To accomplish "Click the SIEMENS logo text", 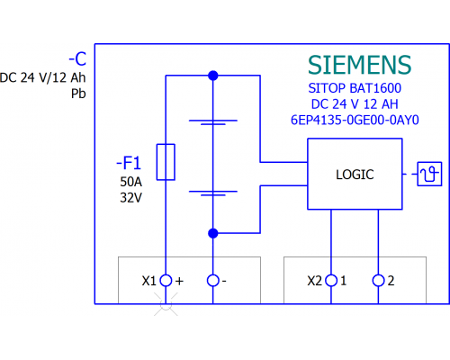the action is [359, 65].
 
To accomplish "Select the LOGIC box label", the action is [355, 175].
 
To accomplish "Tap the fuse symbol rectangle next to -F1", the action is [166, 162].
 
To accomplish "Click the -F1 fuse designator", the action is [129, 163].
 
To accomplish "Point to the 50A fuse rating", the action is [130, 182].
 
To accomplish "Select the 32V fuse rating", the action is [130, 198].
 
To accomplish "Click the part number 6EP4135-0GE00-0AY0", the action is [355, 120].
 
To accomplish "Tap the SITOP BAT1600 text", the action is [355, 88].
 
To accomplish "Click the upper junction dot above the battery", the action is [213, 76].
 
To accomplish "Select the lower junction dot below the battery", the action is [213, 233].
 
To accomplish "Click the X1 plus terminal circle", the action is [166, 281].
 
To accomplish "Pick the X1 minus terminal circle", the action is [213, 281].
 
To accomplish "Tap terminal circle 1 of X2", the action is [331, 281].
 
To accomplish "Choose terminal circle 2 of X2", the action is [378, 281].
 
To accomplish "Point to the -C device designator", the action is [77, 59].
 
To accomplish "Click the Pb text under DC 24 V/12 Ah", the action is [78, 94].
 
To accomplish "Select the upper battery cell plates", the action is [213, 122].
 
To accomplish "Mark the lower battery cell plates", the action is [213, 193].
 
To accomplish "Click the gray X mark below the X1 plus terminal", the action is [166, 304].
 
